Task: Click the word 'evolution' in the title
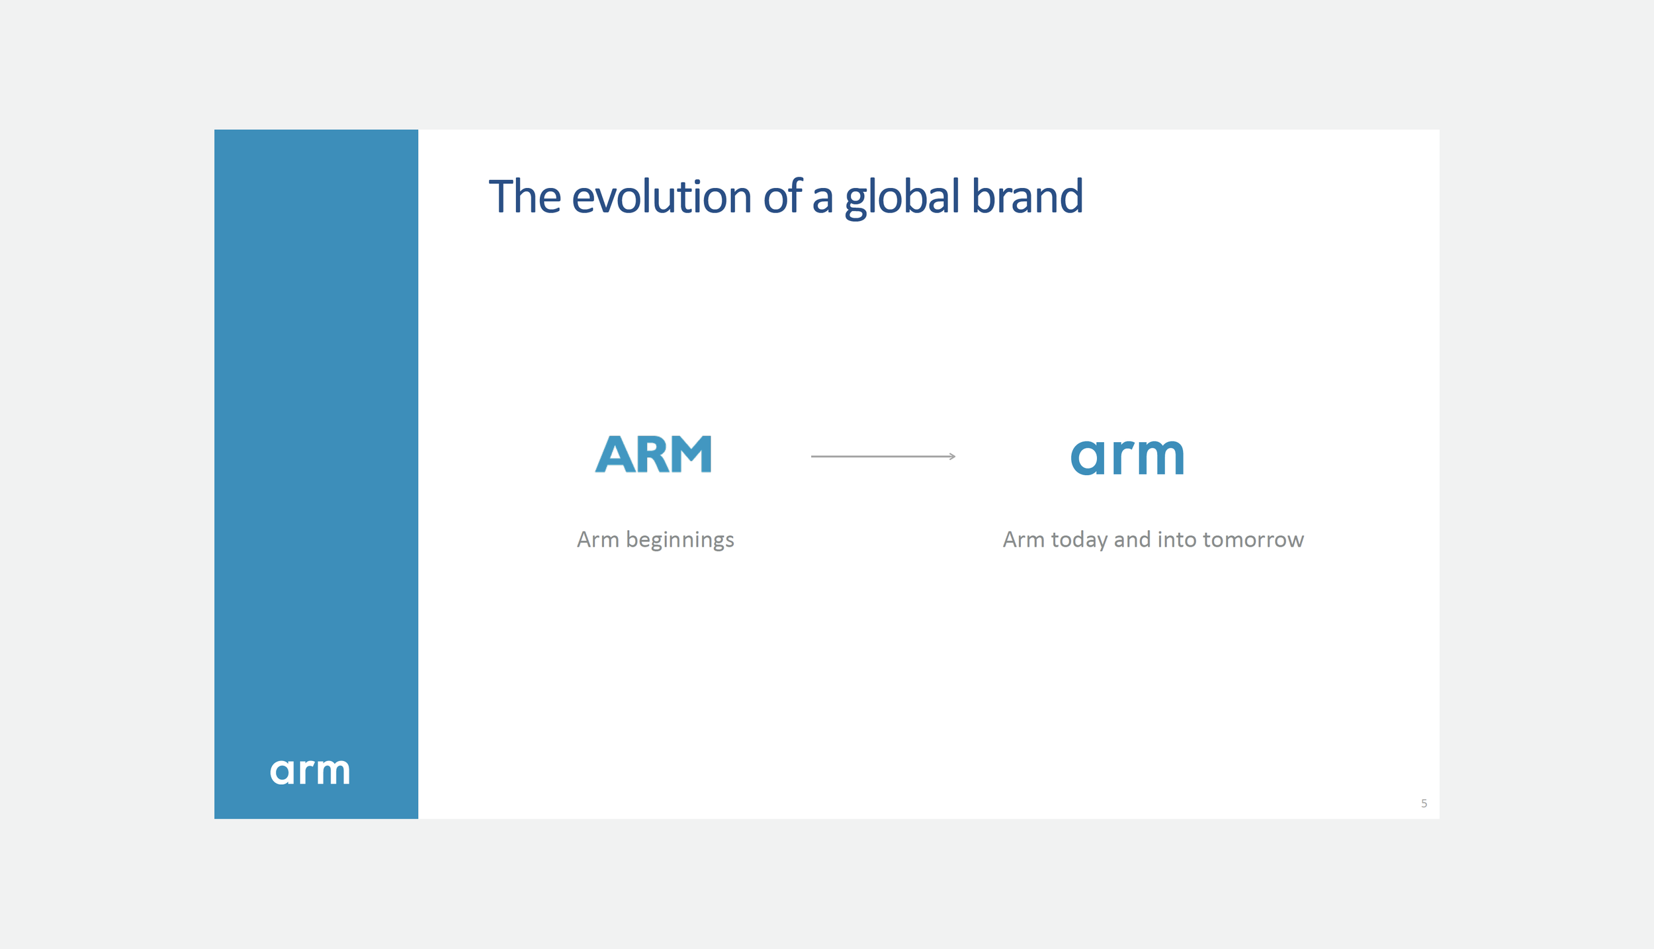661,197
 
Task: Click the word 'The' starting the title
524,197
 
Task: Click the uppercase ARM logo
653,455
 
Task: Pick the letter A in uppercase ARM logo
615,455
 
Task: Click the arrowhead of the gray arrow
952,457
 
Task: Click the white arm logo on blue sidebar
310,772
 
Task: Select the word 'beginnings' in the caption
679,541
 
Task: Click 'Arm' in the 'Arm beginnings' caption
597,539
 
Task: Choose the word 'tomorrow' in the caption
1252,539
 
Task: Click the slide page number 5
1423,803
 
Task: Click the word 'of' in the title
782,197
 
